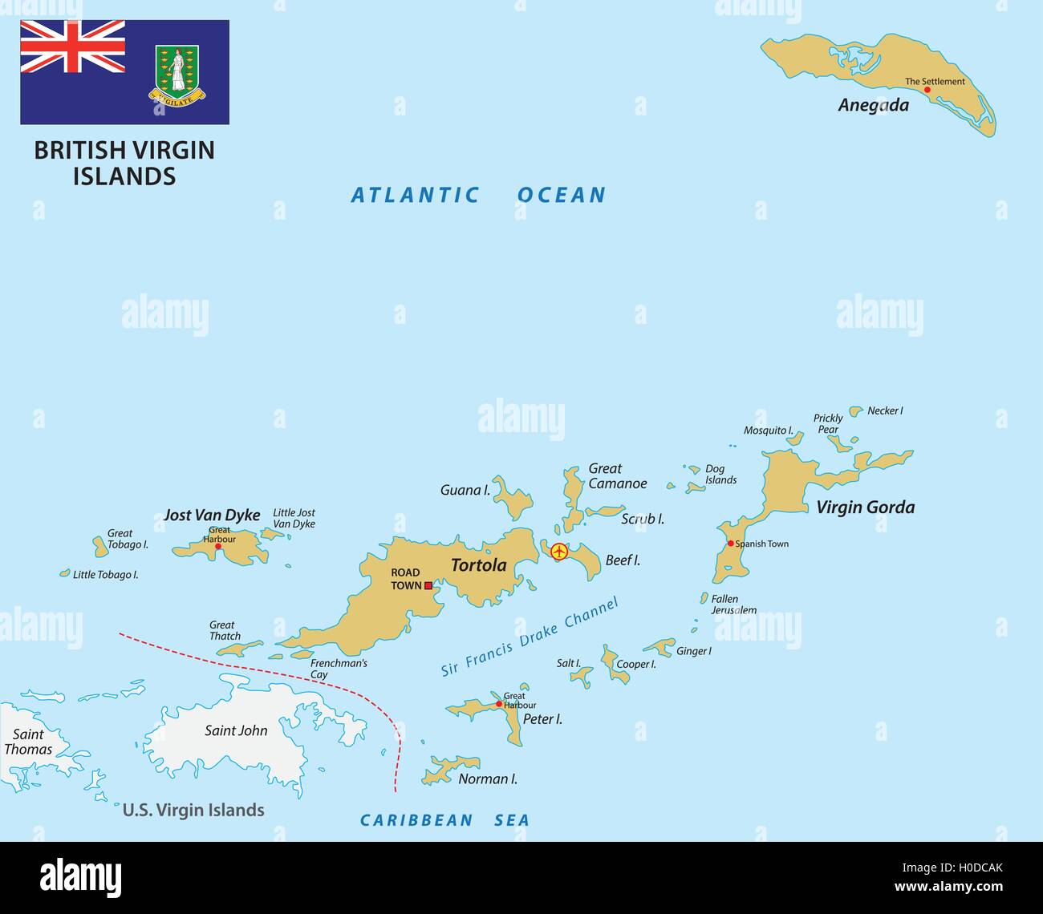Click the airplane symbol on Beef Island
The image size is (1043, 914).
pos(558,552)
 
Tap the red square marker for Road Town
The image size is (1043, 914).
pos(428,586)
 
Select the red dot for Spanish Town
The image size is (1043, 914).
pos(730,544)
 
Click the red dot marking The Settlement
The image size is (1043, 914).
pos(927,90)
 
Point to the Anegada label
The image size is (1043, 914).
pos(873,105)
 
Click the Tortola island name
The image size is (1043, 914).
pos(478,565)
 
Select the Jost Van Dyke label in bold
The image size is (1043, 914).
pos(212,515)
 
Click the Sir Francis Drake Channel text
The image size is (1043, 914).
pos(530,637)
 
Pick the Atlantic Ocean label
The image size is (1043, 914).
pos(478,195)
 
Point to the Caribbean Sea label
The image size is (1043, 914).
pos(444,819)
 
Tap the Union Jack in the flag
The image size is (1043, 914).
pos(72,47)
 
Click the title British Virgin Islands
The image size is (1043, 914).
pos(124,163)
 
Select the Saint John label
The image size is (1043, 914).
pos(236,730)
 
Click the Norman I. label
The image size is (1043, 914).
pos(487,779)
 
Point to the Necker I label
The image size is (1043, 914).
pos(885,410)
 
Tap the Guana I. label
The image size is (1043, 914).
pos(465,490)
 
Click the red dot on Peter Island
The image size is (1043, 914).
pos(499,704)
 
